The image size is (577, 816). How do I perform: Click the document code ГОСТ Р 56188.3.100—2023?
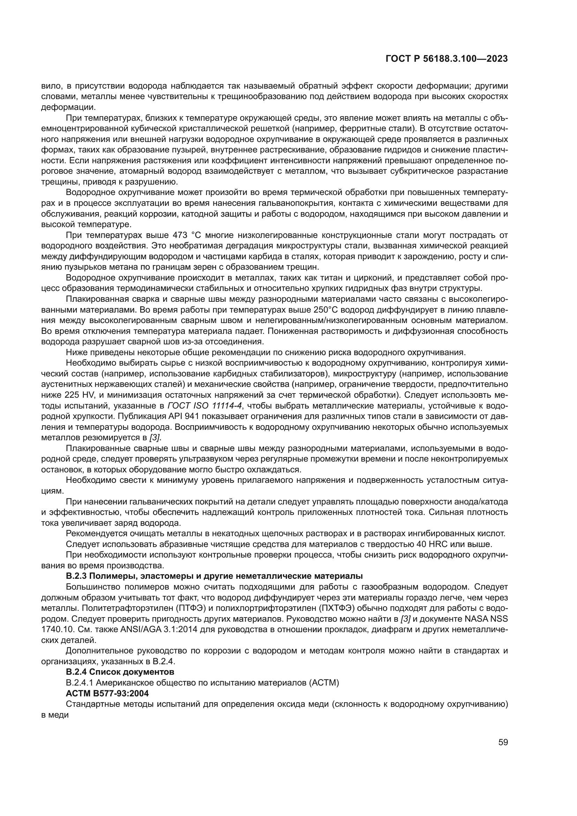446,59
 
